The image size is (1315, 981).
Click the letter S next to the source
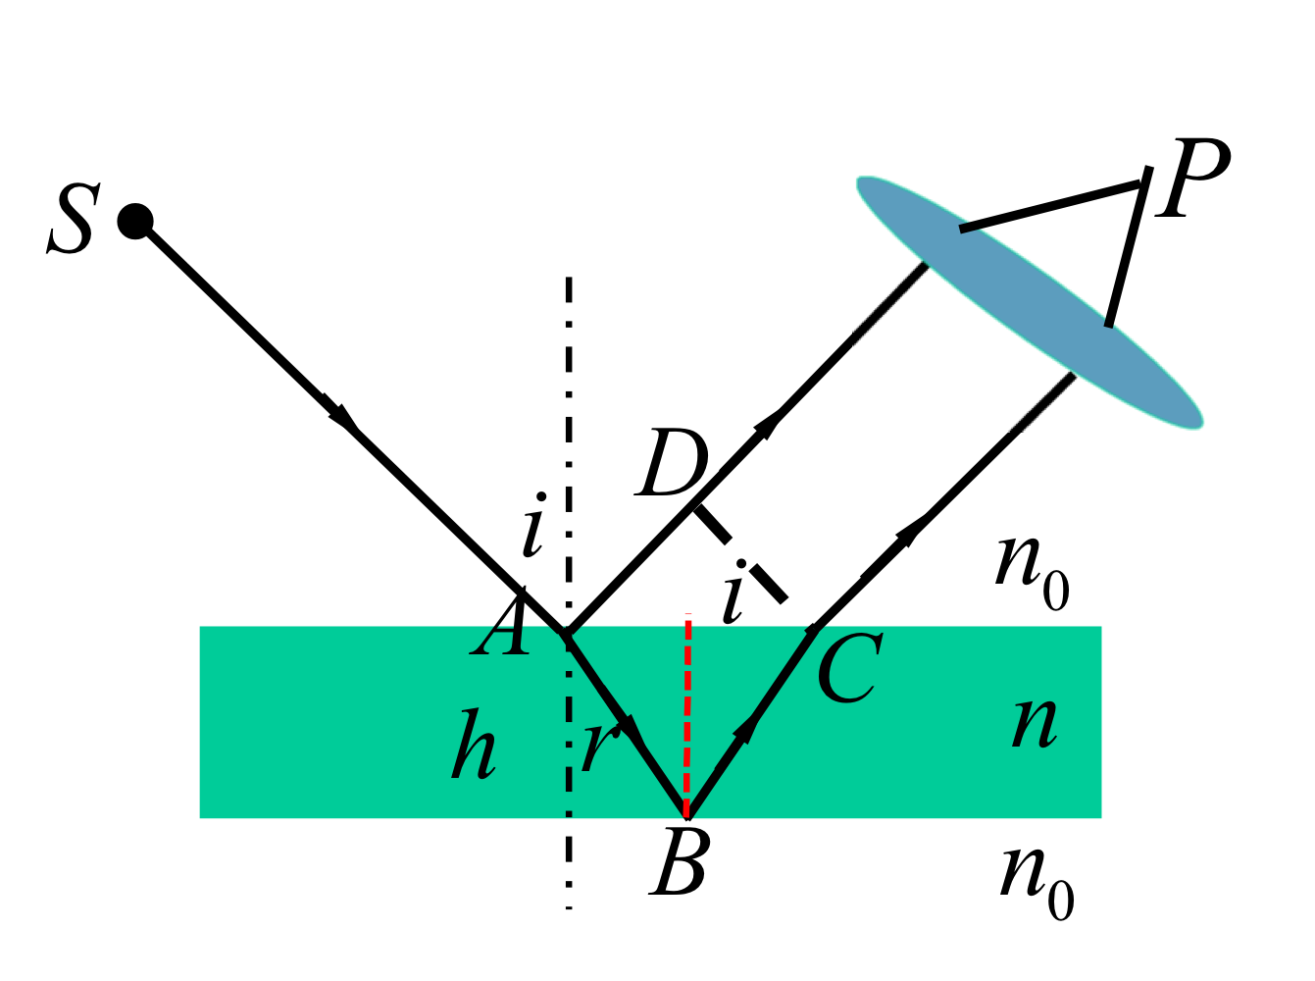[74, 219]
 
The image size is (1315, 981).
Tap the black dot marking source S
[135, 221]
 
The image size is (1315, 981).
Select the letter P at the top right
[1192, 179]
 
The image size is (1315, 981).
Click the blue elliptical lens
[1030, 302]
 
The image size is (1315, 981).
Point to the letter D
[671, 462]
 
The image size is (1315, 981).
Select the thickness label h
[474, 744]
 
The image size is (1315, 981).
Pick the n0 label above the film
[1032, 572]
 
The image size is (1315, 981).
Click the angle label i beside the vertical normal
[533, 525]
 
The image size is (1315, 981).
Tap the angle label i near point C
[734, 593]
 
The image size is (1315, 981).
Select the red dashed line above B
[687, 715]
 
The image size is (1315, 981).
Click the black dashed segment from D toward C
[740, 553]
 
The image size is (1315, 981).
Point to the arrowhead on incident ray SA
[340, 411]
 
